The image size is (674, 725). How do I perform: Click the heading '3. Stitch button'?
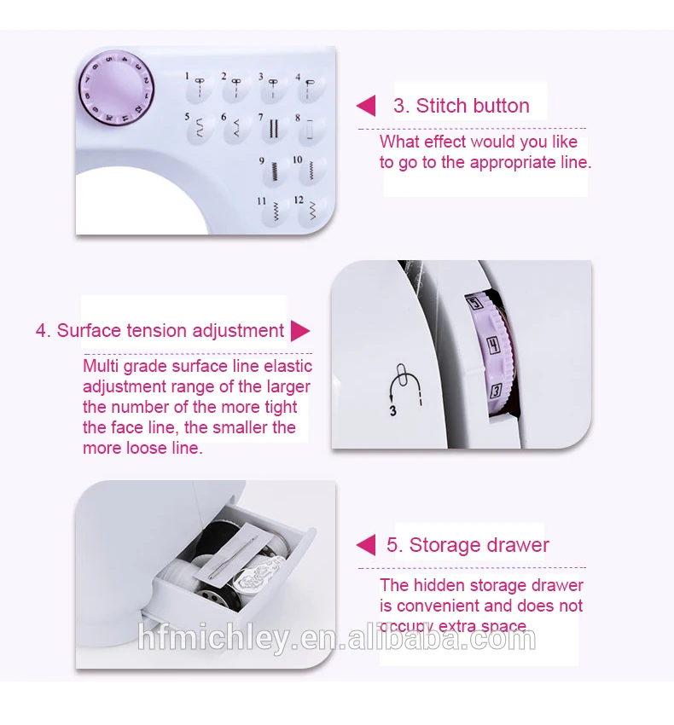point(461,106)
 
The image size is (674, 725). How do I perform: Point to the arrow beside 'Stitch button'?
point(366,106)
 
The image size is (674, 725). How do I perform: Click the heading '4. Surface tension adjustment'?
point(160,330)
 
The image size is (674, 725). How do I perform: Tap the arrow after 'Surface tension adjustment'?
point(300,331)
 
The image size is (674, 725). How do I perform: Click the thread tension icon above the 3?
point(399,382)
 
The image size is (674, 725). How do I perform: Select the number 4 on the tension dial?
point(493,345)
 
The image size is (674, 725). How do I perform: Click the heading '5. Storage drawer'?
point(468,545)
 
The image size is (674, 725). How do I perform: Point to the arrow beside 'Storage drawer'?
point(366,545)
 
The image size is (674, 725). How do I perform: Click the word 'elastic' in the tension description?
point(287,366)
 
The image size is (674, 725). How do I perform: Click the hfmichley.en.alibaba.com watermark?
point(337,638)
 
